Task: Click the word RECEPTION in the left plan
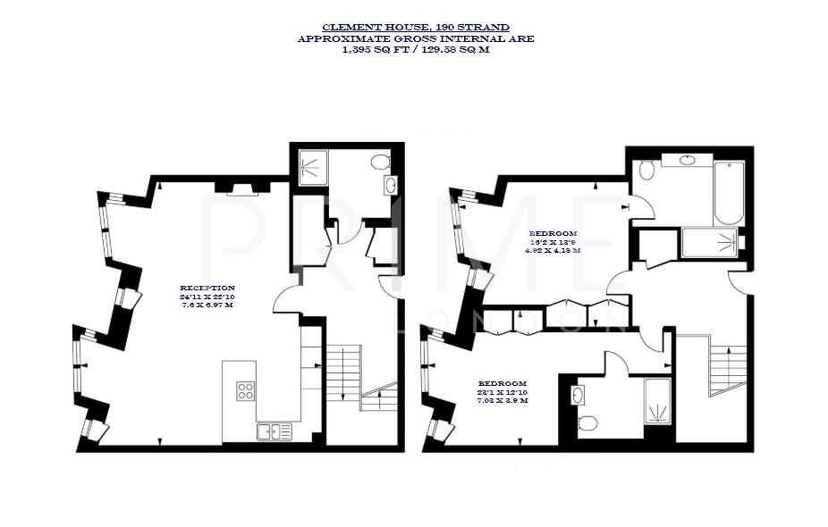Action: [207, 288]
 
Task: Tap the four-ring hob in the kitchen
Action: [245, 390]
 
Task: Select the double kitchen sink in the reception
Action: [275, 431]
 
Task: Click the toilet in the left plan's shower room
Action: [379, 163]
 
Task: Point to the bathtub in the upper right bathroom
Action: [729, 193]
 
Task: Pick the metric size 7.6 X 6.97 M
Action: [207, 305]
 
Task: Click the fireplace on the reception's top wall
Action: [241, 188]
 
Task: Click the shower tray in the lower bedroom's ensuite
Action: [656, 400]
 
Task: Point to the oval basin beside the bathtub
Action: [689, 160]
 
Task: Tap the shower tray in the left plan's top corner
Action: [311, 165]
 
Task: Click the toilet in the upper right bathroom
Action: [646, 169]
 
